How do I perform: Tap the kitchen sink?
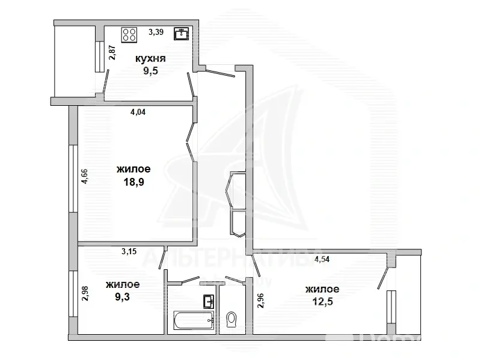click(181, 34)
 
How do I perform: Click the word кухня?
click(150, 58)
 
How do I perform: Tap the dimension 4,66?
click(85, 178)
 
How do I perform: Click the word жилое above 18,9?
click(133, 170)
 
